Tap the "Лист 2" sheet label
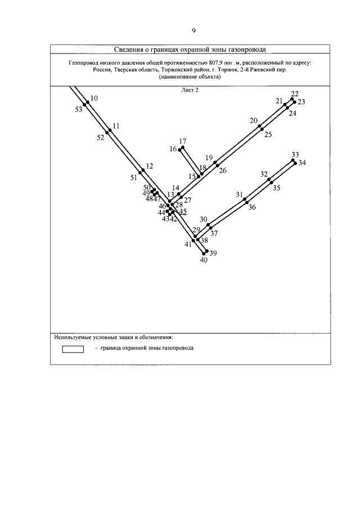(190, 89)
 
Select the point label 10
(94, 98)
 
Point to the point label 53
(78, 110)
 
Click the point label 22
(295, 93)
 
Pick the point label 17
(182, 141)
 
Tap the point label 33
(295, 154)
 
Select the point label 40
(204, 259)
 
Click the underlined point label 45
(183, 212)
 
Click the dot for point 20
(260, 126)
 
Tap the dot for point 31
(244, 199)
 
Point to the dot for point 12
(143, 170)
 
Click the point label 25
(268, 134)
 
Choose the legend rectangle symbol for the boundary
(73, 349)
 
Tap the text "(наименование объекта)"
(190, 78)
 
